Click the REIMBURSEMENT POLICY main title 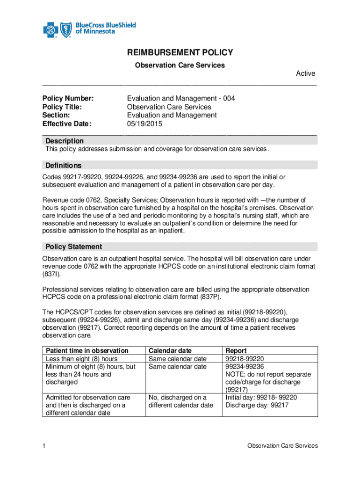(x=180, y=53)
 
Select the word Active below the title (x=306, y=73)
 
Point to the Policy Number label (x=68, y=99)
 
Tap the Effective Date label (x=67, y=124)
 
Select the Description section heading (x=65, y=141)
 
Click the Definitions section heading (x=63, y=165)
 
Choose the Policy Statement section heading (x=73, y=247)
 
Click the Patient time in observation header (x=87, y=350)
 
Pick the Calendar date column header (x=170, y=350)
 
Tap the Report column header (x=236, y=350)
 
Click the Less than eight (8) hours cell (x=81, y=359)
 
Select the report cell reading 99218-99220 (x=245, y=359)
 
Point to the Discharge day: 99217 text (x=257, y=406)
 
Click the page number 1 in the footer (x=43, y=446)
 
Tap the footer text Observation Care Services (x=282, y=446)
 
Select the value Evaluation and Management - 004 (x=181, y=99)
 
